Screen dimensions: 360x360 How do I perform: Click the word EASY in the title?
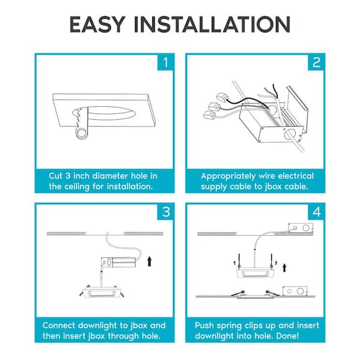[x=98, y=25]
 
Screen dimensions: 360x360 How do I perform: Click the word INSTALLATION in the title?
[x=212, y=25]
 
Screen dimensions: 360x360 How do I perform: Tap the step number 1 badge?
[x=166, y=62]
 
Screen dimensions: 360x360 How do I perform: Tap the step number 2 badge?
[x=316, y=62]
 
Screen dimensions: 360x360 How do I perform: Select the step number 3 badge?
[x=166, y=212]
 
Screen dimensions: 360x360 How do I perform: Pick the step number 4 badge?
[x=316, y=212]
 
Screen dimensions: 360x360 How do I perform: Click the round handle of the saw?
[x=82, y=133]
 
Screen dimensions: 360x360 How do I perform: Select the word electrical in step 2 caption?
[x=298, y=176]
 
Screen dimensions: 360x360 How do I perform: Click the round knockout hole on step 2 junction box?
[x=289, y=134]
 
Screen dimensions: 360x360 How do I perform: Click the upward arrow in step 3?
[x=149, y=262]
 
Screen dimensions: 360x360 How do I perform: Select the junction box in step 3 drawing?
[x=118, y=262]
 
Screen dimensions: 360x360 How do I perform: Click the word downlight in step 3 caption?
[x=97, y=326]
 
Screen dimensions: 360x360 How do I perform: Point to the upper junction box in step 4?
[x=301, y=228]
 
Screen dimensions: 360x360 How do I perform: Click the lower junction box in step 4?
[x=295, y=291]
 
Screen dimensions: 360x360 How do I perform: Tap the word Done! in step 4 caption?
[x=287, y=336]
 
